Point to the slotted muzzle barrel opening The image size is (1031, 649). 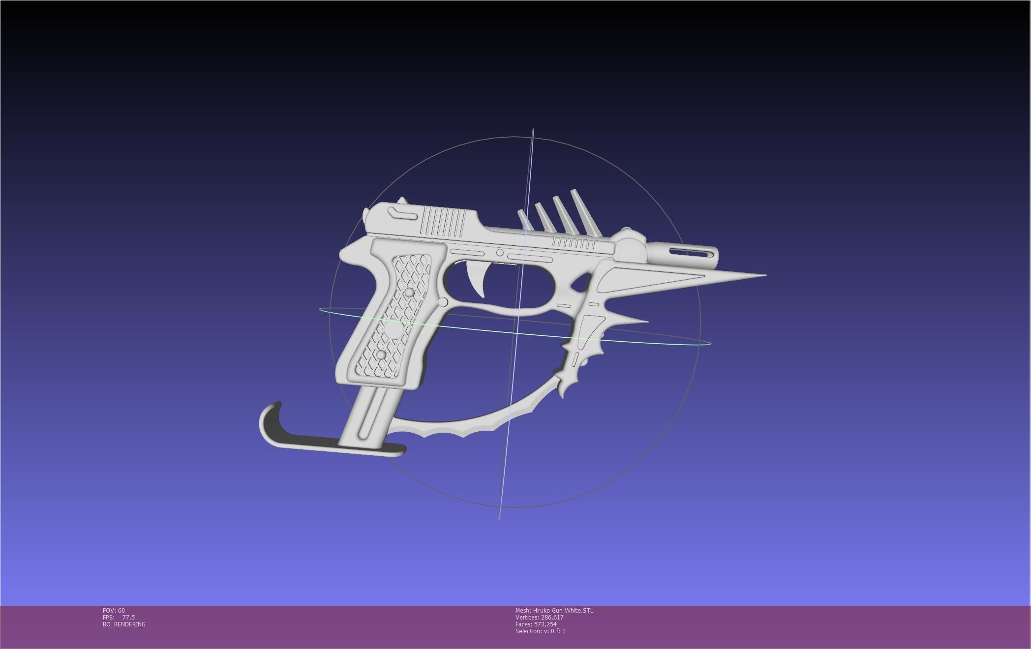pyautogui.click(x=692, y=253)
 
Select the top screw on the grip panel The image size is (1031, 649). pyautogui.click(x=409, y=293)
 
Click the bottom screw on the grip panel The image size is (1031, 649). pyautogui.click(x=381, y=354)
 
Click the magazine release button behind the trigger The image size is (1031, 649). pyautogui.click(x=443, y=302)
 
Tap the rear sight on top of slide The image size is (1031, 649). pyautogui.click(x=402, y=201)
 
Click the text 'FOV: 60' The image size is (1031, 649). pyautogui.click(x=114, y=611)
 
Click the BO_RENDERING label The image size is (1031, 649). pyautogui.click(x=124, y=624)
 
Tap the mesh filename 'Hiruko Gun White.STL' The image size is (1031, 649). pyautogui.click(x=563, y=611)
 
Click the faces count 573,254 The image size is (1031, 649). pyautogui.click(x=545, y=624)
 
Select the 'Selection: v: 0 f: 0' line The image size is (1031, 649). pyautogui.click(x=540, y=631)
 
